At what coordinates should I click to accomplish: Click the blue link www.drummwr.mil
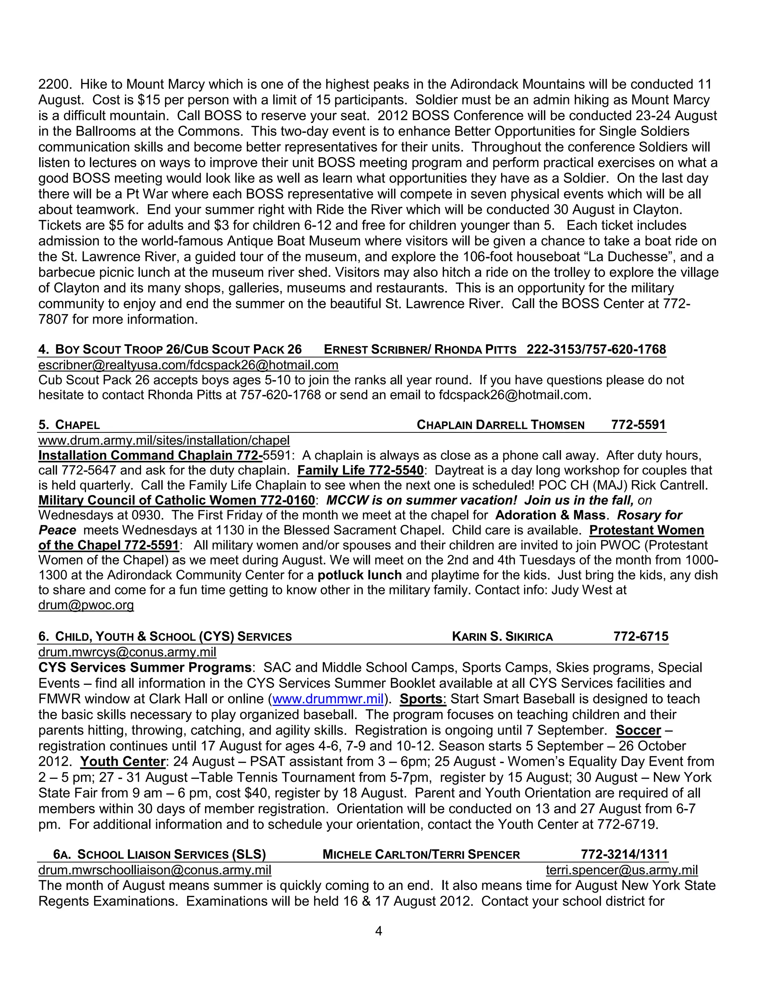328,699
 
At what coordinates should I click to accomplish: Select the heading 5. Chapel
69,425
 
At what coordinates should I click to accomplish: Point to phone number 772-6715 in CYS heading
641,636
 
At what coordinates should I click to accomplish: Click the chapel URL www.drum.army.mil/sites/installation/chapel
164,440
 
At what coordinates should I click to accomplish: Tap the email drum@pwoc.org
86,605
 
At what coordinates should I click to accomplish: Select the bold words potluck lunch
359,575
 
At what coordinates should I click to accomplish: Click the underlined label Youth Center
123,762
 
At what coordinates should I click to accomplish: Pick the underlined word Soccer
638,730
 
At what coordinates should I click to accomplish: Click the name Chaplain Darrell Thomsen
500,425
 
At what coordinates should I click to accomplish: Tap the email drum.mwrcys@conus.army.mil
127,652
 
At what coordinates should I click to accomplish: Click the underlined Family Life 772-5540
360,470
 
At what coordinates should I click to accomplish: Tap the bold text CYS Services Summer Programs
145,667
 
